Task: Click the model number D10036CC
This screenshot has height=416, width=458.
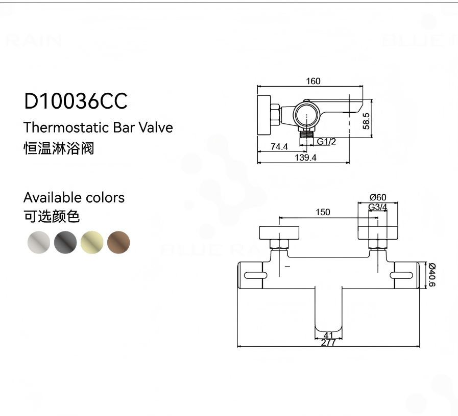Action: pos(76,101)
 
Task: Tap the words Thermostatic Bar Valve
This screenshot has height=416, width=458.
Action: pos(98,127)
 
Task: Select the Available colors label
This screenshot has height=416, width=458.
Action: pos(74,197)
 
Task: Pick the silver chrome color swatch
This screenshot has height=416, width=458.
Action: pos(39,242)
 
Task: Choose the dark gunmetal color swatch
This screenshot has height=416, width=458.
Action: pos(65,242)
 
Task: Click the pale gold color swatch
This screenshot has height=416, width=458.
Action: pos(92,242)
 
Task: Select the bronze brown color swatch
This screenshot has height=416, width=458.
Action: pos(118,242)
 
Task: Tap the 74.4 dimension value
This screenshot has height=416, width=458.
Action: pos(279,147)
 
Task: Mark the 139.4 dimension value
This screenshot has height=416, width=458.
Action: pos(306,158)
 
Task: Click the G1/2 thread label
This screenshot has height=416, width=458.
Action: pos(326,141)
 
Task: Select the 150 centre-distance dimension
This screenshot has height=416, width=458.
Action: pos(323,212)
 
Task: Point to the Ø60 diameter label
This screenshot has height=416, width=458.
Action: pos(378,197)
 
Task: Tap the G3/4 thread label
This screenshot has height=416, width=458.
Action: pos(378,207)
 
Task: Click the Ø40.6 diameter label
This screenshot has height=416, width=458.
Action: pos(431,275)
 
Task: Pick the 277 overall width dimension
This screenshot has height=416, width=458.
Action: pos(328,343)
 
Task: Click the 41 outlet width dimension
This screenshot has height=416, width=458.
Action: pos(328,335)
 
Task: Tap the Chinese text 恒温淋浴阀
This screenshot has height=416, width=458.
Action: pos(59,148)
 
